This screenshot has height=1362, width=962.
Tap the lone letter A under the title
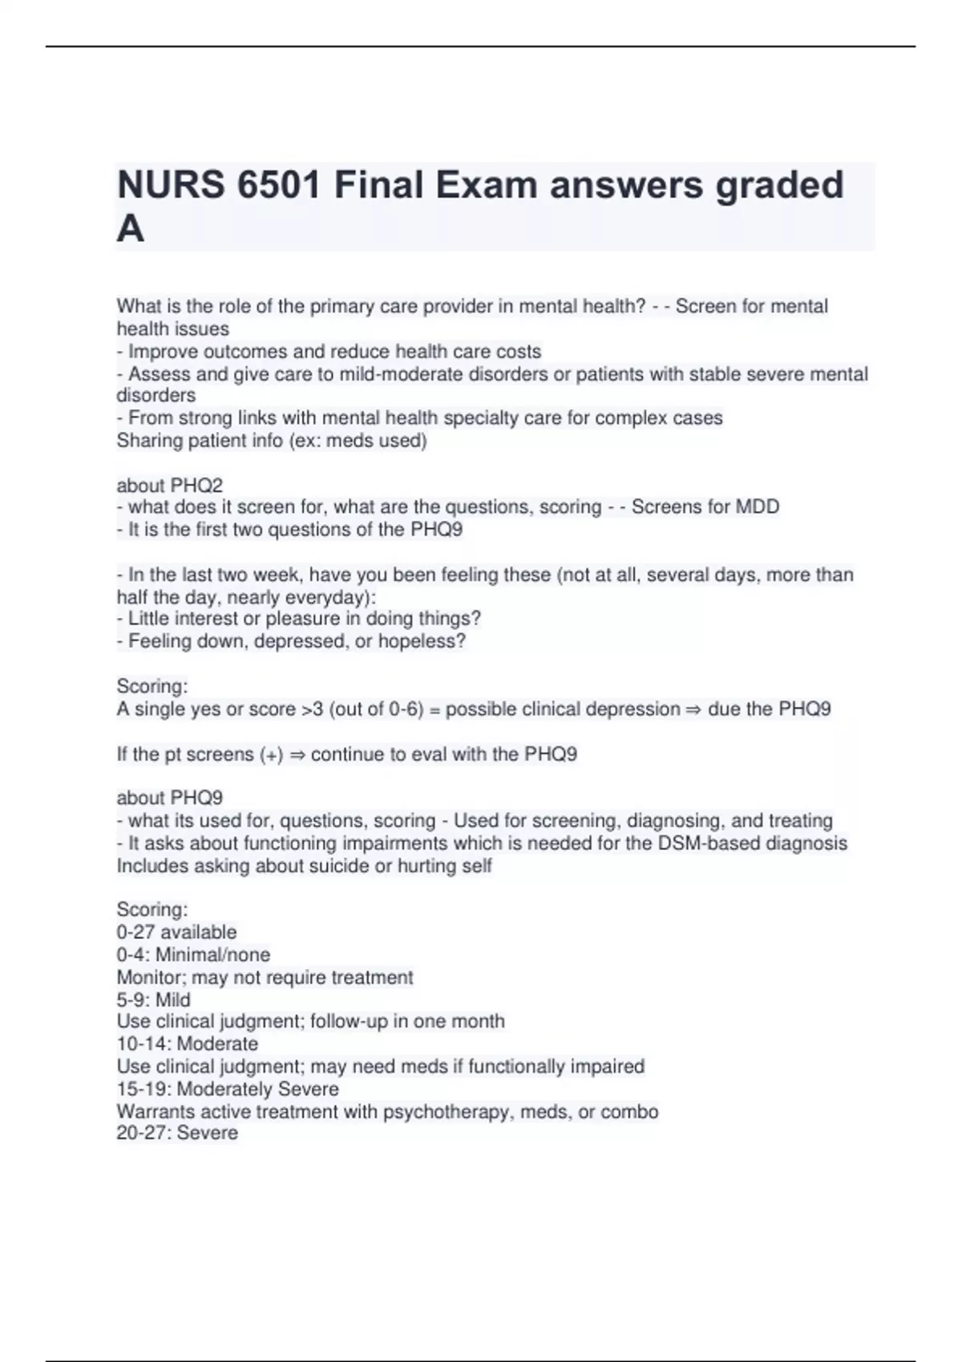tap(131, 230)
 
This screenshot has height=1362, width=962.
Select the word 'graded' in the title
tap(779, 186)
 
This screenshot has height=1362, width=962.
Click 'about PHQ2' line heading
tap(169, 486)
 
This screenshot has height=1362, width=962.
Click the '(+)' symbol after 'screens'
tap(271, 755)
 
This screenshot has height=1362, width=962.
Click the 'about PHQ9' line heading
tap(169, 798)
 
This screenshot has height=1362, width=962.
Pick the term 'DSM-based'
tap(709, 844)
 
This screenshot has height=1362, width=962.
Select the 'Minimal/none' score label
tap(212, 955)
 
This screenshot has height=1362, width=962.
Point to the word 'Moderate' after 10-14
tap(217, 1044)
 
